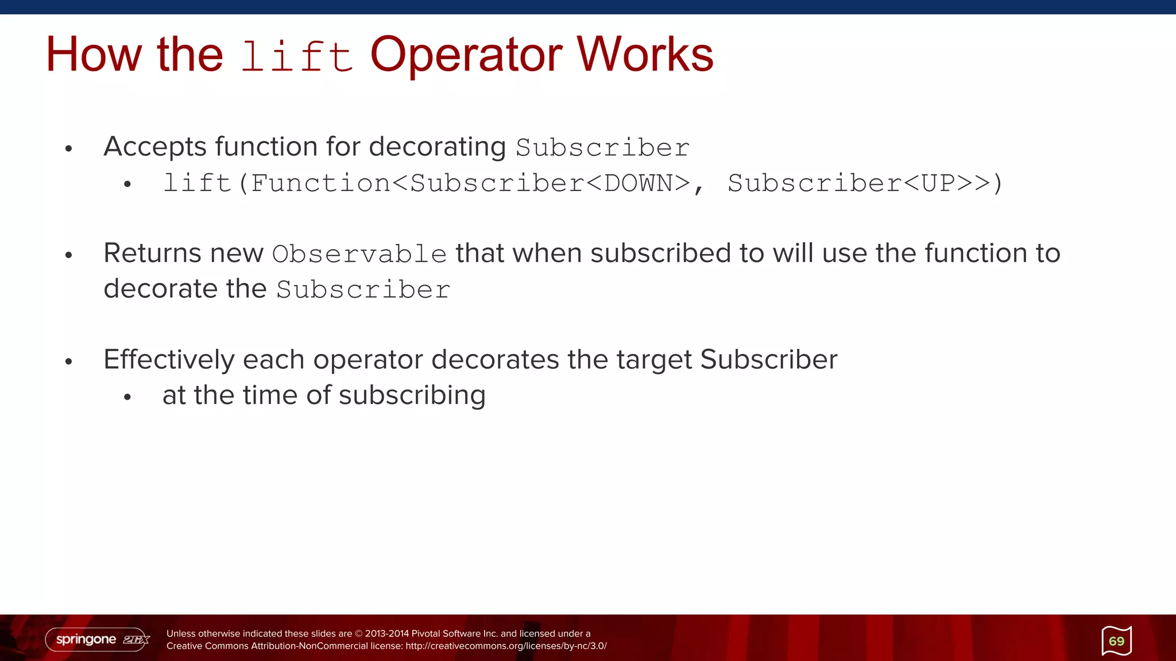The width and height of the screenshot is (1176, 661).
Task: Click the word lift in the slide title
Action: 296,56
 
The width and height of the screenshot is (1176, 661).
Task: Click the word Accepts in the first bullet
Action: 155,147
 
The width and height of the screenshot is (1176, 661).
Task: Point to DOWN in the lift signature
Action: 639,184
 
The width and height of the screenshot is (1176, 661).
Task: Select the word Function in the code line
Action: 320,184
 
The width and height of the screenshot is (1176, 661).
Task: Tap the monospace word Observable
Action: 359,254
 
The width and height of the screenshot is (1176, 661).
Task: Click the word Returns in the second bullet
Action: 153,253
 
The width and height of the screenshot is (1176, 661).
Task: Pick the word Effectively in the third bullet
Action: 169,360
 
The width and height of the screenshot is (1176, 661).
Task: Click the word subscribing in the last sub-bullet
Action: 412,395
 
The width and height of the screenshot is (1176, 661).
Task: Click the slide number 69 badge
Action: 1116,641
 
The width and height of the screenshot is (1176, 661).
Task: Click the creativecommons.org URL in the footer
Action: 506,646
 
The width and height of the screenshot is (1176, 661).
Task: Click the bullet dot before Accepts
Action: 69,149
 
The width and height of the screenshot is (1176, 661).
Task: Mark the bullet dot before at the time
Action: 127,397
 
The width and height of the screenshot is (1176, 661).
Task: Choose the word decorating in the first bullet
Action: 437,147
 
